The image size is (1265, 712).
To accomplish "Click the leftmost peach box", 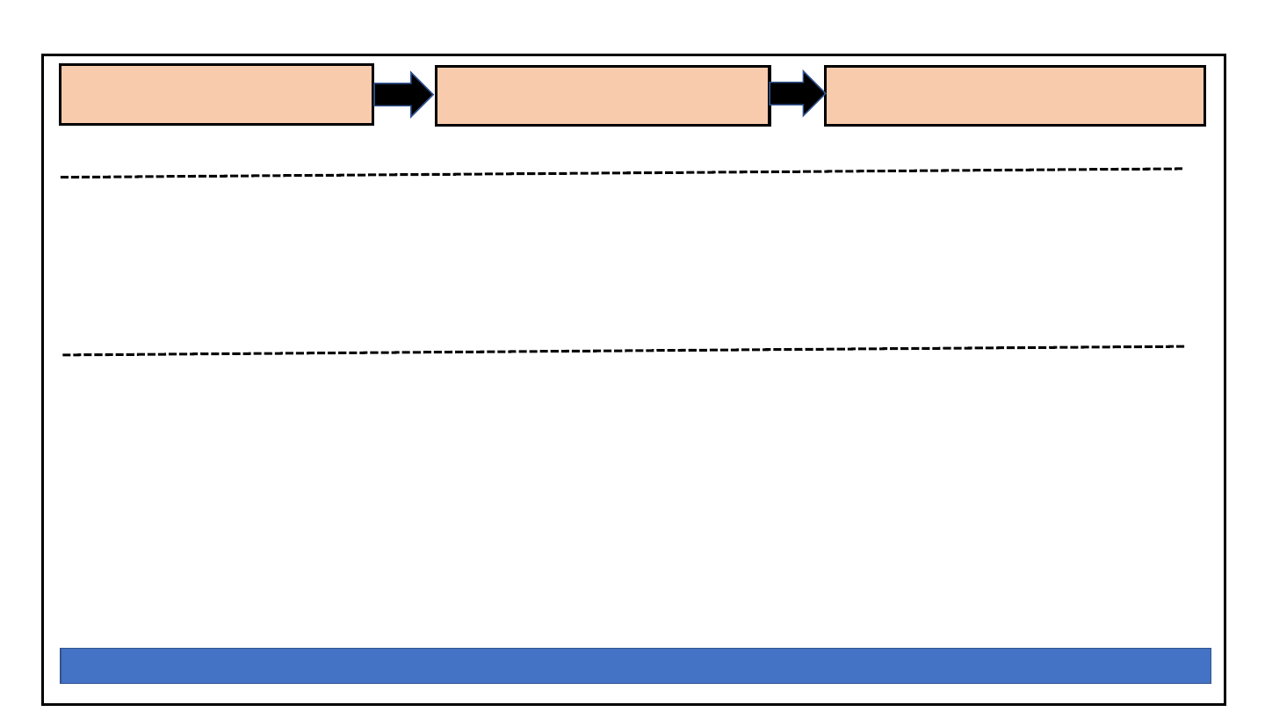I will pyautogui.click(x=216, y=94).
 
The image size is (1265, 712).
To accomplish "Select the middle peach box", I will pyautogui.click(x=603, y=96).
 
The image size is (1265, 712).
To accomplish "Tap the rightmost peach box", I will pyautogui.click(x=1015, y=96).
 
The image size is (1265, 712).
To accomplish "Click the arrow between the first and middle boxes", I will pyautogui.click(x=402, y=94).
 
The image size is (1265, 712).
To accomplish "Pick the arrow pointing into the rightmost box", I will pyautogui.click(x=796, y=92).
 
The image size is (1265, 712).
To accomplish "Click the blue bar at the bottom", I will pyautogui.click(x=634, y=665).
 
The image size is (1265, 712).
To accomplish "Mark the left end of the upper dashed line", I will pyautogui.click(x=61, y=178).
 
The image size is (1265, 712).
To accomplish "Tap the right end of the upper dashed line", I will pyautogui.click(x=1182, y=168).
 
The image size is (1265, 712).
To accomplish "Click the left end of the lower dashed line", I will pyautogui.click(x=64, y=355).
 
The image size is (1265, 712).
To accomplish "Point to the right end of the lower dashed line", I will pyautogui.click(x=1182, y=346).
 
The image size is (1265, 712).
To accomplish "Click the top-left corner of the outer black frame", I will pyautogui.click(x=43, y=55).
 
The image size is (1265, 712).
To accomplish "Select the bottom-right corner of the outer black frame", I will pyautogui.click(x=1225, y=704).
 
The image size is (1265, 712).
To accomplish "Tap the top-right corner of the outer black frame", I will pyautogui.click(x=1225, y=55).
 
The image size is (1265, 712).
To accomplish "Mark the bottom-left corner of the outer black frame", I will pyautogui.click(x=43, y=704).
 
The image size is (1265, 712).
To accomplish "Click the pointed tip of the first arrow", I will pyautogui.click(x=432, y=94).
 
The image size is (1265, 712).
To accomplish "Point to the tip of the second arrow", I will pyautogui.click(x=824, y=92).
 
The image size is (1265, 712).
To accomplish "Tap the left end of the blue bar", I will pyautogui.click(x=62, y=665).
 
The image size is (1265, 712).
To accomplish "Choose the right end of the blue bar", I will pyautogui.click(x=1209, y=665).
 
